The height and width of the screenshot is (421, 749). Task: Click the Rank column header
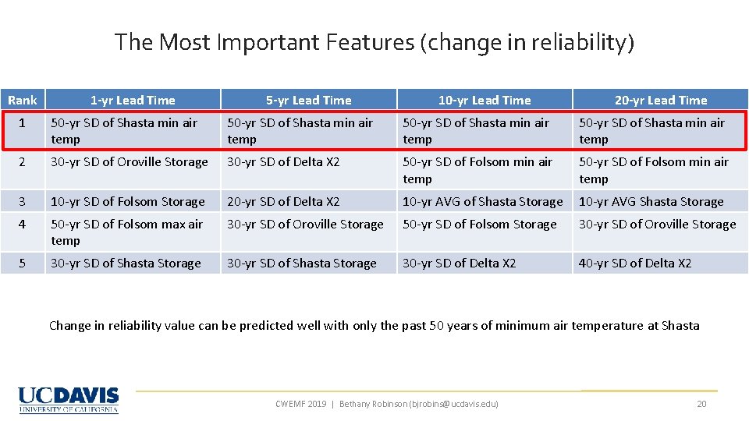[23, 100]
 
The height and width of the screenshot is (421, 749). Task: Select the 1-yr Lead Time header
[133, 100]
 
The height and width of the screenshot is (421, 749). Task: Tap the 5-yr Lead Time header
[308, 100]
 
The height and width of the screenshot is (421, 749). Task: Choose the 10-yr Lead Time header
[484, 100]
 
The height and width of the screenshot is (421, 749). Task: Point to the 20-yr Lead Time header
[660, 100]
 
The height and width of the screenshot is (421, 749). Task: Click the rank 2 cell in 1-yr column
[130, 162]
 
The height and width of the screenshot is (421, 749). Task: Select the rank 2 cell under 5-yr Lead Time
[283, 162]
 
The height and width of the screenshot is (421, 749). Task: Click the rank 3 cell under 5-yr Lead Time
[283, 202]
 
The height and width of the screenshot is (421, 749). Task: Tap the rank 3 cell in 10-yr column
[482, 202]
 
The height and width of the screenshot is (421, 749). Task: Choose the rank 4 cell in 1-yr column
[126, 232]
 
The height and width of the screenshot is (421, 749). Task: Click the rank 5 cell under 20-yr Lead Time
[634, 264]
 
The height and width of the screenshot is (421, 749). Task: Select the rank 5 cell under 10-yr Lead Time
[459, 264]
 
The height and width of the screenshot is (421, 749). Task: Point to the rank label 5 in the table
[23, 264]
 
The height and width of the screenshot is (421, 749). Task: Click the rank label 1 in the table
[23, 123]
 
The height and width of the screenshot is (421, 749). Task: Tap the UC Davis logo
[69, 399]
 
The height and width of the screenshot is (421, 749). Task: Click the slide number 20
[701, 403]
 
